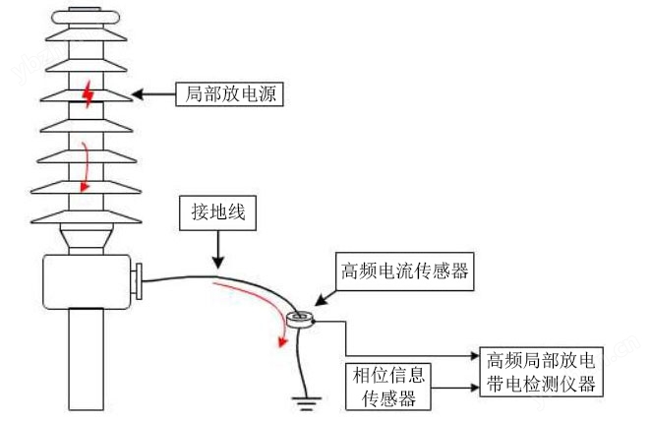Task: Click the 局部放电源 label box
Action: pyautogui.click(x=228, y=94)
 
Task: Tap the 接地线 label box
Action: pyautogui.click(x=216, y=211)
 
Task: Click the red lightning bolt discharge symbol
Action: pyautogui.click(x=89, y=95)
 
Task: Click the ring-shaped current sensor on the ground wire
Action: pyautogui.click(x=300, y=319)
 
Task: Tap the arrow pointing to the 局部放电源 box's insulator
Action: pyautogui.click(x=151, y=94)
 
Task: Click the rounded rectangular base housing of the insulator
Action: pyautogui.click(x=87, y=280)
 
